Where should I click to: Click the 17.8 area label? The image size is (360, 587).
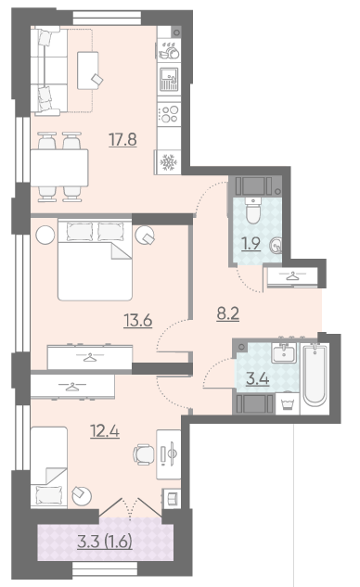(x=122, y=140)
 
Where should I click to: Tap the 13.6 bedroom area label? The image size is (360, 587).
(x=138, y=321)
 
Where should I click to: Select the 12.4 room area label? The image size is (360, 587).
(x=105, y=431)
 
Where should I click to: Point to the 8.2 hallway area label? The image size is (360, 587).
(x=227, y=313)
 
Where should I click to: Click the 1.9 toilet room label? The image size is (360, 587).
(x=251, y=244)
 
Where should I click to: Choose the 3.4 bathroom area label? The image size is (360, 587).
(x=258, y=379)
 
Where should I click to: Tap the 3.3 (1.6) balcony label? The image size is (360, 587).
(x=105, y=542)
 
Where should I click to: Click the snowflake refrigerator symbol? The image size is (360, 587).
(x=168, y=162)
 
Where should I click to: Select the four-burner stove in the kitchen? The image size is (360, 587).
(x=169, y=114)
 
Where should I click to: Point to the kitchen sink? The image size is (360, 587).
(x=169, y=80)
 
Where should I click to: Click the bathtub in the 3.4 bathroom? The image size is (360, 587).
(x=315, y=376)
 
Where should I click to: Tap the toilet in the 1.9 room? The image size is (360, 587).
(x=253, y=211)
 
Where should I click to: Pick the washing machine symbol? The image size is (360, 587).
(x=288, y=403)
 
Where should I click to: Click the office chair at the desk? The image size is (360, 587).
(x=144, y=454)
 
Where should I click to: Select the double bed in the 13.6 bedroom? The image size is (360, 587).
(x=96, y=260)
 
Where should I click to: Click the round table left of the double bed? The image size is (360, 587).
(x=45, y=236)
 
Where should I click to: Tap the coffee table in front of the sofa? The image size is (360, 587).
(x=88, y=70)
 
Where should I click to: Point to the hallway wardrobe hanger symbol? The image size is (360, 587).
(x=292, y=276)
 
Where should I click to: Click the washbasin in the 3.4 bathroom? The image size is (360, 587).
(x=284, y=352)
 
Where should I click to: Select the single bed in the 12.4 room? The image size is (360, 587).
(x=49, y=467)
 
